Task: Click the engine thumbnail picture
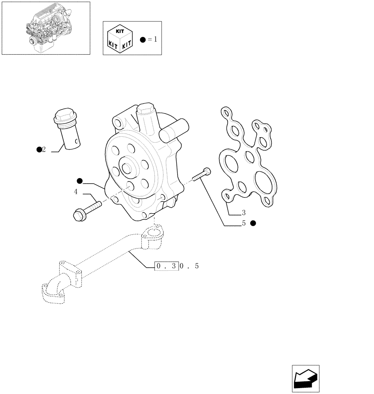click(45, 28)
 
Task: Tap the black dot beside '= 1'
click(143, 40)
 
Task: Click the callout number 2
click(44, 149)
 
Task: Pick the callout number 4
click(75, 192)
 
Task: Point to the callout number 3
click(244, 213)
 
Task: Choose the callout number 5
click(244, 223)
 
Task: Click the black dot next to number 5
click(253, 223)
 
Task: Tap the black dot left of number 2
click(39, 149)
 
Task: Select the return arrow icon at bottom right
click(305, 379)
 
